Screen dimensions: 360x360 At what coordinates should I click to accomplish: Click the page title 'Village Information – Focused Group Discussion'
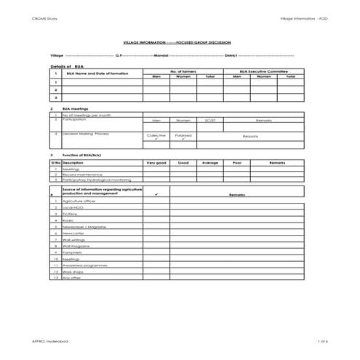180,43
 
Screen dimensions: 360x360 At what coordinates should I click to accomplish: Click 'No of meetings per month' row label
86,114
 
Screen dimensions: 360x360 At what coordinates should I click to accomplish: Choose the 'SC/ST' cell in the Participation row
210,120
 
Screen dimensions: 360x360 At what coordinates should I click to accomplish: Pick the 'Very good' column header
156,163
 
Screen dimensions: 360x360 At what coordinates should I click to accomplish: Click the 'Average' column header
210,163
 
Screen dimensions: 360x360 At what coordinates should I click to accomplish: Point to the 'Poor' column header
236,163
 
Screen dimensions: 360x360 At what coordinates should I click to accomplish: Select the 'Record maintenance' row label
81,175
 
